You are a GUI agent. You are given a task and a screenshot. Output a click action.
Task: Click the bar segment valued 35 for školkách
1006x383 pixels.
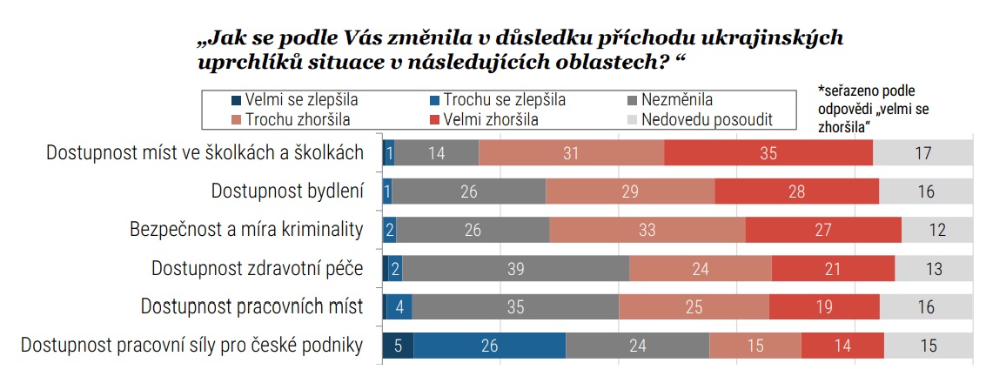click(768, 153)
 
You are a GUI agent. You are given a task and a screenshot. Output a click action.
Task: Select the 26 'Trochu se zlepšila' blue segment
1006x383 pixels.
click(489, 346)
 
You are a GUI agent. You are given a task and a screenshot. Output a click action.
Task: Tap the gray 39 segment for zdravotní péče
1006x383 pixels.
click(515, 269)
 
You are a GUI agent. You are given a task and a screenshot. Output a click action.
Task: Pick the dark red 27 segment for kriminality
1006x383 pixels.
click(823, 230)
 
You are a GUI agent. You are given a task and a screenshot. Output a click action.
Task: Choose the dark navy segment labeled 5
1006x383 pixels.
click(398, 346)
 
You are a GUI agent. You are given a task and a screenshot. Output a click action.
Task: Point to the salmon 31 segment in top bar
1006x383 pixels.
click(571, 153)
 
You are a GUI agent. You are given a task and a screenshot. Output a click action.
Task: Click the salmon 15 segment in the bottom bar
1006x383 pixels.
click(754, 346)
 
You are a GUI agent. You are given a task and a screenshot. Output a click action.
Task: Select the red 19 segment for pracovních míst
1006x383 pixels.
click(823, 307)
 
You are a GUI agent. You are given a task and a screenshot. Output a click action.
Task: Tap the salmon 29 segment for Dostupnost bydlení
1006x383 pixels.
click(629, 191)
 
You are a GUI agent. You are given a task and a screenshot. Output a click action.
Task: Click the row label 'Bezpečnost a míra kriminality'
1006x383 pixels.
click(245, 230)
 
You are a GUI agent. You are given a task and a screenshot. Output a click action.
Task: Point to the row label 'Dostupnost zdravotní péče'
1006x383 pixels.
click(257, 268)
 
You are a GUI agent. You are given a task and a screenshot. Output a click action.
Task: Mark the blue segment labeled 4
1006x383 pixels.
click(399, 307)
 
